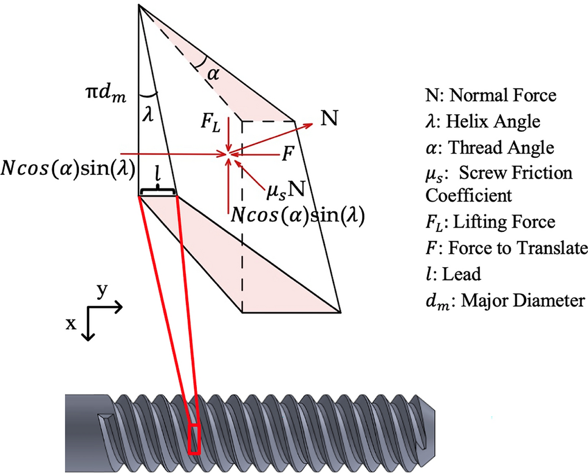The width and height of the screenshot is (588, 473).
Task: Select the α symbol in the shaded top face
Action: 212,74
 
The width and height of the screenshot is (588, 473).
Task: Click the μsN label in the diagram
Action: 285,191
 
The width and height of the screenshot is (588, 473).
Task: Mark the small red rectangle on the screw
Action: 194,439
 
